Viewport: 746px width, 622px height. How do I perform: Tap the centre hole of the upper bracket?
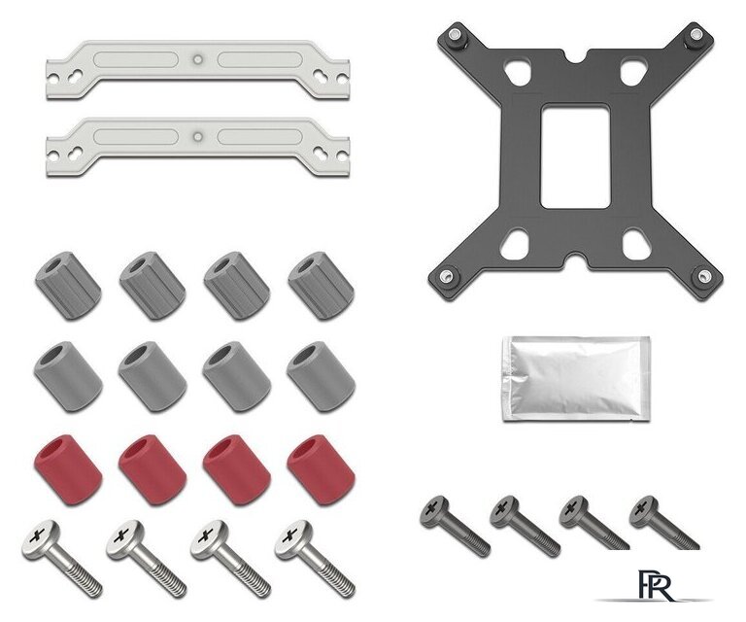(198, 59)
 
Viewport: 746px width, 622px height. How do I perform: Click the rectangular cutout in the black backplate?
(576, 156)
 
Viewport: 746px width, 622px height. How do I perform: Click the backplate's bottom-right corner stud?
(703, 276)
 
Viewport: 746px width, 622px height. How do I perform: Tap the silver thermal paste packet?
(576, 379)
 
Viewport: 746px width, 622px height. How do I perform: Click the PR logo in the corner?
(657, 585)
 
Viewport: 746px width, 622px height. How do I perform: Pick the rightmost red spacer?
(321, 469)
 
